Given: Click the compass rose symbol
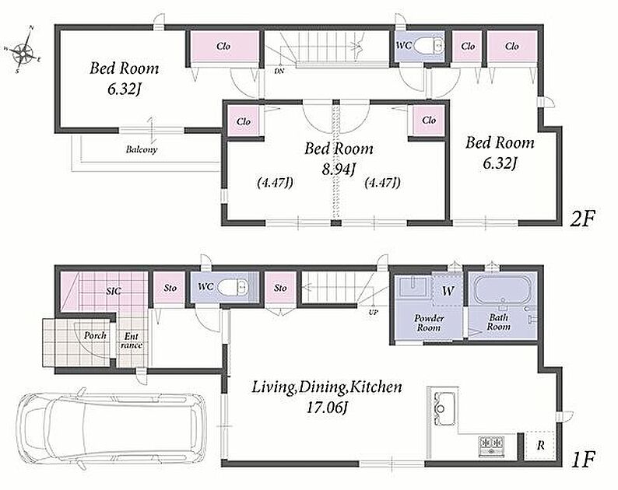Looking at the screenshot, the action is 24,50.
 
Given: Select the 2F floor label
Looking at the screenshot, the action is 581,219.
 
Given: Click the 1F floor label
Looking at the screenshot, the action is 581,459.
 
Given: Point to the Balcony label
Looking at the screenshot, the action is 142,149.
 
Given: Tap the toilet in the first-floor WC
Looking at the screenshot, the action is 234,288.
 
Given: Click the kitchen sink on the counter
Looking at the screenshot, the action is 444,408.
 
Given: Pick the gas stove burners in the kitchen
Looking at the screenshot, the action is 491,446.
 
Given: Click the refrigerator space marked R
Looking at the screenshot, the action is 540,446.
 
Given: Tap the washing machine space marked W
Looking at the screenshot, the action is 448,291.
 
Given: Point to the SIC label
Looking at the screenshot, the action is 114,291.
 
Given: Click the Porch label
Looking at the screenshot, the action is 95,335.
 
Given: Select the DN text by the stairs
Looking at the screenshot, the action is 280,72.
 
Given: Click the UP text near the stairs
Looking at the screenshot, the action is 374,313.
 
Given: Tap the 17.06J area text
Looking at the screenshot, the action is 327,408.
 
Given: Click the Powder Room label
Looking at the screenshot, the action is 429,323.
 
